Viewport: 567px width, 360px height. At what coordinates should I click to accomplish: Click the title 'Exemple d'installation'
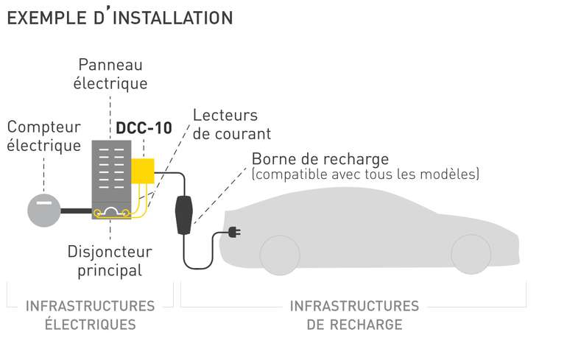point(119,18)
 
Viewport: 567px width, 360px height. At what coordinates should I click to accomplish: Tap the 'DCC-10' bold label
point(144,127)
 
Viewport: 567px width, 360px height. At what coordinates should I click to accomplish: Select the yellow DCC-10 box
point(143,170)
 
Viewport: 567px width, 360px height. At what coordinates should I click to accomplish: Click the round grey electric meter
point(44,211)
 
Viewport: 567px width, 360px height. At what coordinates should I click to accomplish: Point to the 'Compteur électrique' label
point(43,136)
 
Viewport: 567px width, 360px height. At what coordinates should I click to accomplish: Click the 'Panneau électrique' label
point(110,74)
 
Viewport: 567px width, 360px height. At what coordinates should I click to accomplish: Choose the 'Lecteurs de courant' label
point(231,124)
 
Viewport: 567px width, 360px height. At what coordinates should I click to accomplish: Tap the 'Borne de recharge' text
point(320,159)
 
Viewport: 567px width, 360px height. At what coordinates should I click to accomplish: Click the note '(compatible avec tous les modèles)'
point(365,175)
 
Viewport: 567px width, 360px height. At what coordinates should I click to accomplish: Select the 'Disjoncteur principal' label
point(110,261)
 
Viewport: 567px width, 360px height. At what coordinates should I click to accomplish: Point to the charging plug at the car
point(234,233)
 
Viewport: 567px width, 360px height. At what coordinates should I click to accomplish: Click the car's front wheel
point(280,254)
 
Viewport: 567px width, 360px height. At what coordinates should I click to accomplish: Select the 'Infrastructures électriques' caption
point(91,315)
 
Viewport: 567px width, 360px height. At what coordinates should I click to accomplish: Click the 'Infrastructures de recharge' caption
point(354,315)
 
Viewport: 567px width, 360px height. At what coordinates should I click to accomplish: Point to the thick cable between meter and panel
point(76,211)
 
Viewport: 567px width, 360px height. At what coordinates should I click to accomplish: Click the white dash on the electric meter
point(44,200)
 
